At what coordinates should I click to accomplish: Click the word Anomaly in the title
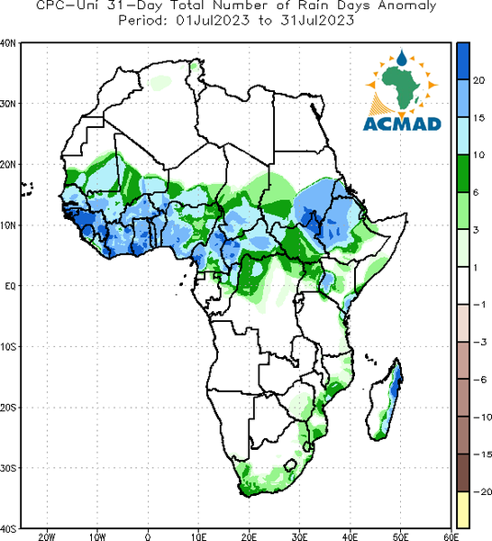pyautogui.click(x=407, y=5)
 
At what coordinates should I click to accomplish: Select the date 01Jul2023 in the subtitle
pyautogui.click(x=213, y=21)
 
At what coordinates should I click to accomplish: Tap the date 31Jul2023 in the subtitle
pyautogui.click(x=317, y=21)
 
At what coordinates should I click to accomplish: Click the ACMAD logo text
pyautogui.click(x=402, y=124)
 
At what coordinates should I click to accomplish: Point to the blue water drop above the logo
pyautogui.click(x=402, y=58)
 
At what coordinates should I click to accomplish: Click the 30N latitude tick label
pyautogui.click(x=7, y=104)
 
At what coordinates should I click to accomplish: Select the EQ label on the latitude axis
pyautogui.click(x=10, y=286)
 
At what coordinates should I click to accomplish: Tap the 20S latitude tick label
pyautogui.click(x=7, y=408)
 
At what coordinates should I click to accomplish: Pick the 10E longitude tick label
pyautogui.click(x=198, y=536)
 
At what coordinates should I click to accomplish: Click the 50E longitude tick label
pyautogui.click(x=401, y=536)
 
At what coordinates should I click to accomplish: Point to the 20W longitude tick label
pyautogui.click(x=47, y=536)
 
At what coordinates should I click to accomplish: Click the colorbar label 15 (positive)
pyautogui.click(x=478, y=118)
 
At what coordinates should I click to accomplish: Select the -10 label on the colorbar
pyautogui.click(x=482, y=417)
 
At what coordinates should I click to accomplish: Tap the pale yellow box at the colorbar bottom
pyautogui.click(x=463, y=509)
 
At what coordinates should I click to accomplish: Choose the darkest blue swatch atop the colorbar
pyautogui.click(x=463, y=61)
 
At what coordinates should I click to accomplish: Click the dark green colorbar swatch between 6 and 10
pyautogui.click(x=463, y=173)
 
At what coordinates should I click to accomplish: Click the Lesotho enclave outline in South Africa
pyautogui.click(x=290, y=465)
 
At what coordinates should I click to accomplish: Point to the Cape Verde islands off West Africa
pyautogui.click(x=27, y=189)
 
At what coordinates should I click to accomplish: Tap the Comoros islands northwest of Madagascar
pyautogui.click(x=370, y=359)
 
